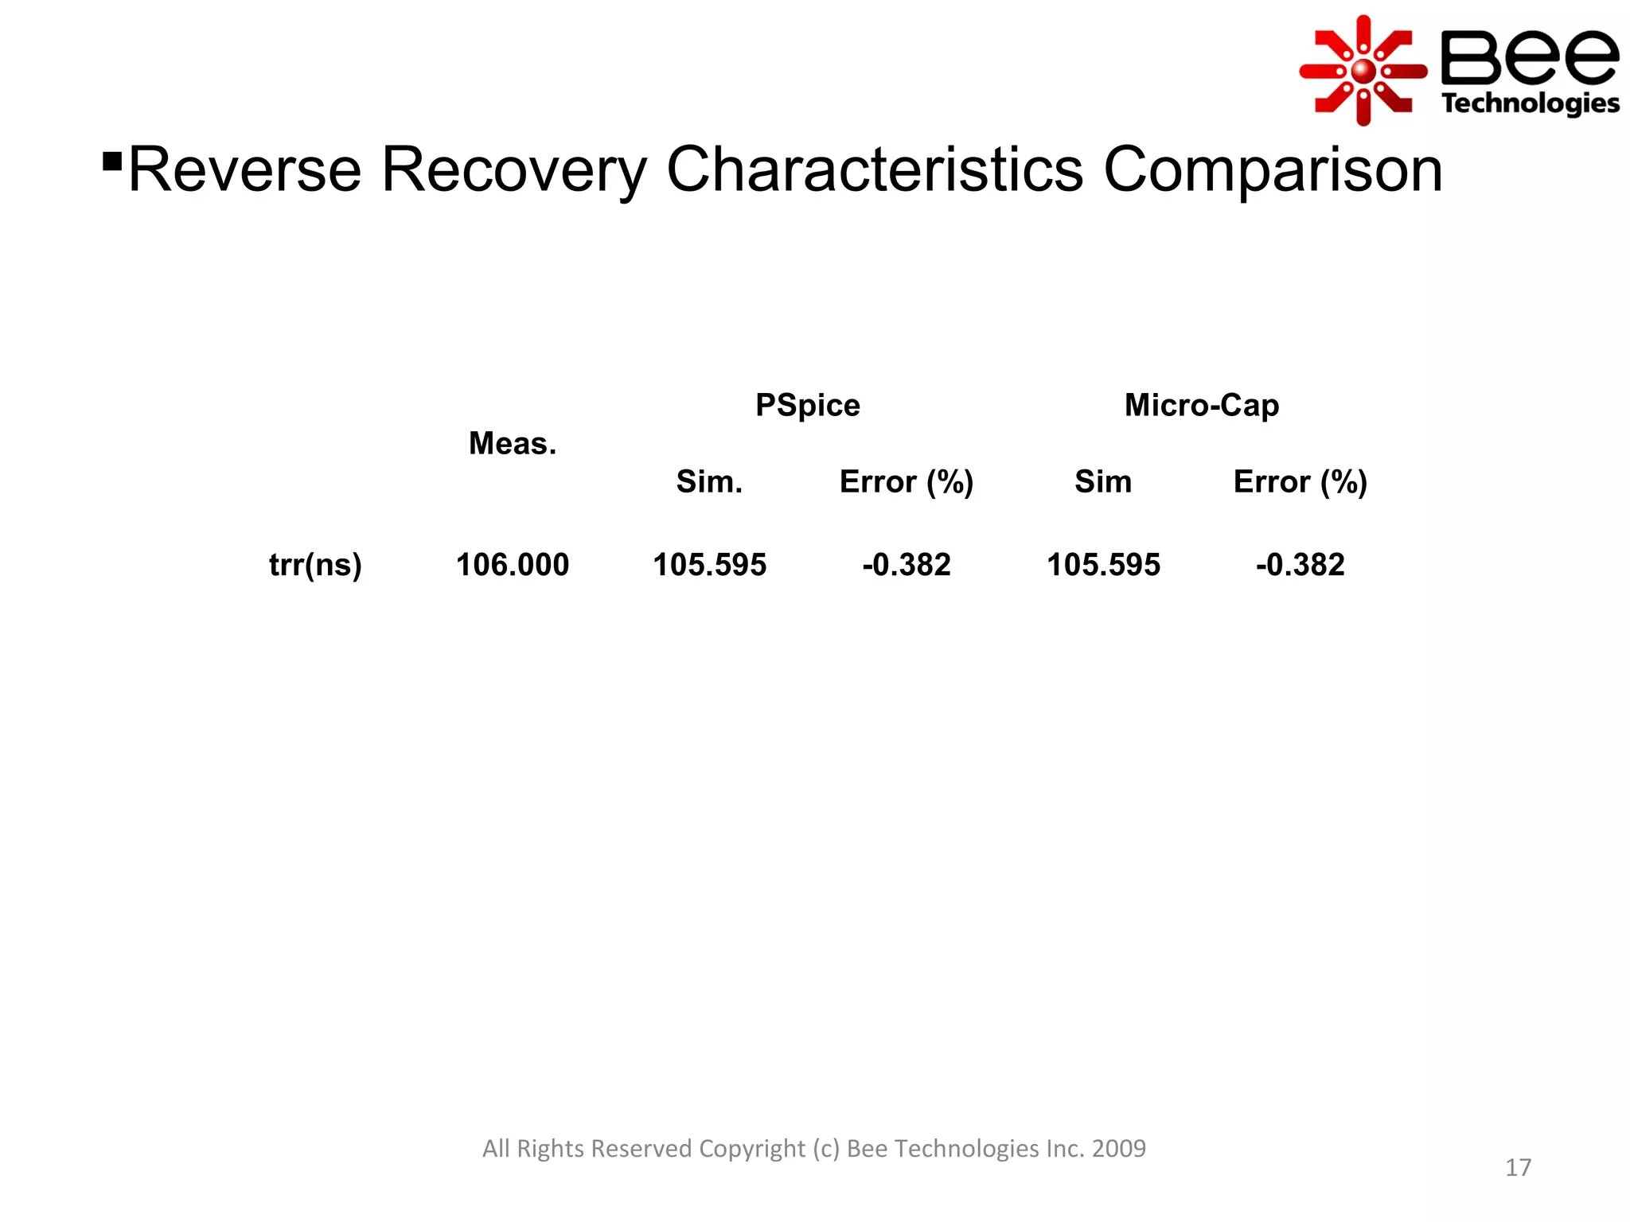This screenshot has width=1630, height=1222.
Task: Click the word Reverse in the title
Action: pos(244,169)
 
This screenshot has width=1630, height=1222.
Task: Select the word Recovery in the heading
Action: pos(514,169)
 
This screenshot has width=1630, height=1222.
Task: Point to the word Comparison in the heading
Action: pos(1273,169)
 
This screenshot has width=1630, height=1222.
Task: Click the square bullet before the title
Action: pos(112,162)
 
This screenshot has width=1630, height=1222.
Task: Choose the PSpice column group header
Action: pos(807,405)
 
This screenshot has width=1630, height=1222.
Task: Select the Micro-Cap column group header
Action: pos(1201,405)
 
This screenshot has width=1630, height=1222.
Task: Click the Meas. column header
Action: pos(512,443)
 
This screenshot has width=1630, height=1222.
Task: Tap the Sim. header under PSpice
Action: pos(708,481)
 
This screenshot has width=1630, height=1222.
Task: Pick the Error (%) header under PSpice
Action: pos(906,481)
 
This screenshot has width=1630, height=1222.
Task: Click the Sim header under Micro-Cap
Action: pos(1102,481)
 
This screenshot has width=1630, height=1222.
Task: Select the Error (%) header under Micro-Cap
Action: pos(1300,481)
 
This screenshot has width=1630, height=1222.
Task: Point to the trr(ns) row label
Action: pos(315,565)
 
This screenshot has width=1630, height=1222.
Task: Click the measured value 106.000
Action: pos(512,565)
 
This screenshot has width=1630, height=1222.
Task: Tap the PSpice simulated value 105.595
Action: pos(709,565)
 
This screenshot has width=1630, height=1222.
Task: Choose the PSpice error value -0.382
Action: pos(906,565)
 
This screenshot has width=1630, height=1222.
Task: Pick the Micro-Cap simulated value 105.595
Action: pos(1103,565)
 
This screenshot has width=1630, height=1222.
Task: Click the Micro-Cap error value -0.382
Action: pos(1300,565)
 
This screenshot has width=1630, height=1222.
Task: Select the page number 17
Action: pos(1518,1167)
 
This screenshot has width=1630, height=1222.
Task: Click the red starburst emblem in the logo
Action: pos(1363,71)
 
